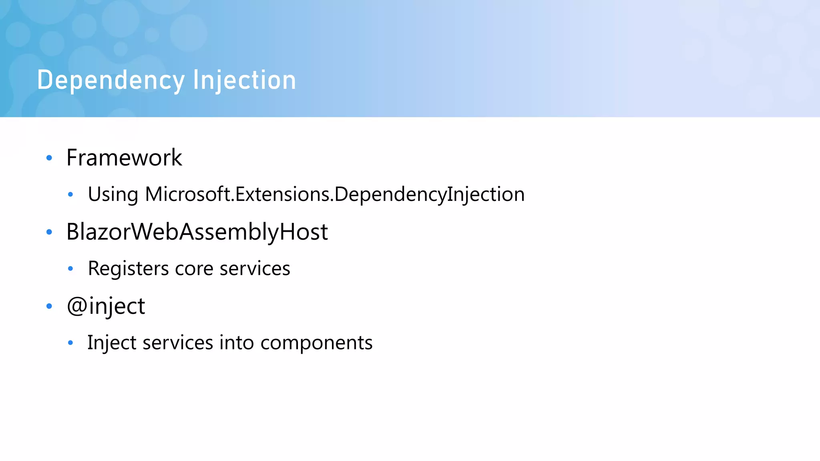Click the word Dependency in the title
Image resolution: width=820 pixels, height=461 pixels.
(111, 80)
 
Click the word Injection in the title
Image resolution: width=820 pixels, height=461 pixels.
(244, 80)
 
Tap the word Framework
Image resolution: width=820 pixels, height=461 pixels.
(124, 158)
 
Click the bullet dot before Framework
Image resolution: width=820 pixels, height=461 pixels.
(49, 158)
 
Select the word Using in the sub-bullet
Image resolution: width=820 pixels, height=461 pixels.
(113, 194)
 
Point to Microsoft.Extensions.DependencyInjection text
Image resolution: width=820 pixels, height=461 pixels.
(334, 194)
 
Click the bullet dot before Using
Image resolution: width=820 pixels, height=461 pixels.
(70, 195)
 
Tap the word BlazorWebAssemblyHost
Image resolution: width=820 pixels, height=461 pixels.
(197, 232)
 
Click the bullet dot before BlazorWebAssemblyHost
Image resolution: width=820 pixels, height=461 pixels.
(49, 232)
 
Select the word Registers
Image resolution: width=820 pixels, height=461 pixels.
(128, 269)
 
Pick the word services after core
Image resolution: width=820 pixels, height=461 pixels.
(255, 269)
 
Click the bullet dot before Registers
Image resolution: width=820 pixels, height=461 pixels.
(70, 269)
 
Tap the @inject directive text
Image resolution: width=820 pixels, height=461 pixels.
(106, 307)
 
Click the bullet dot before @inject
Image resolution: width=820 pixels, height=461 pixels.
(49, 307)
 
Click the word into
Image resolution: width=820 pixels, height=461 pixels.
(237, 343)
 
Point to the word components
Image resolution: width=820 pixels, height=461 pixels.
(316, 343)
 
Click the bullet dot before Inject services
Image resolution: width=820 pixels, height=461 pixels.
(70, 343)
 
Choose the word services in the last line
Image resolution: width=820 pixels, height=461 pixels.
(178, 343)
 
